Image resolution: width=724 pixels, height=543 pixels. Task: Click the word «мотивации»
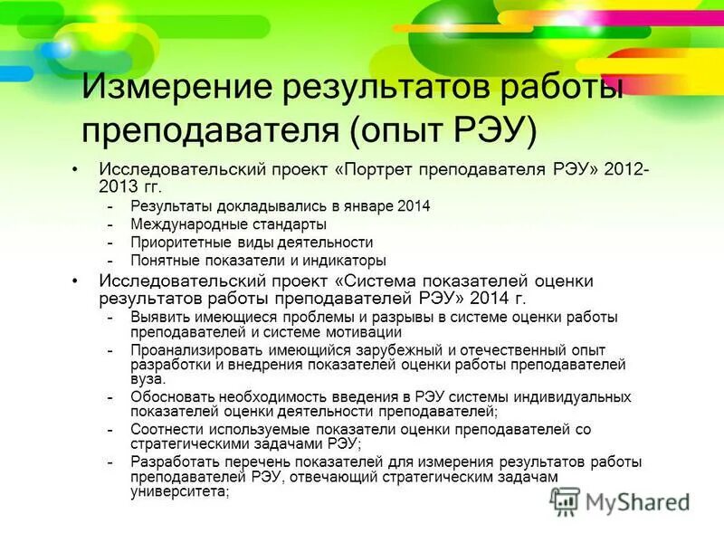point(339,331)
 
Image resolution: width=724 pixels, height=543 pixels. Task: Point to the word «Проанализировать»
point(190,350)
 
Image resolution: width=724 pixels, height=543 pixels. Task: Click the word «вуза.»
point(148,379)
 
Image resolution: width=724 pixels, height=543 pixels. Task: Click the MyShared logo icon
point(566,500)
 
